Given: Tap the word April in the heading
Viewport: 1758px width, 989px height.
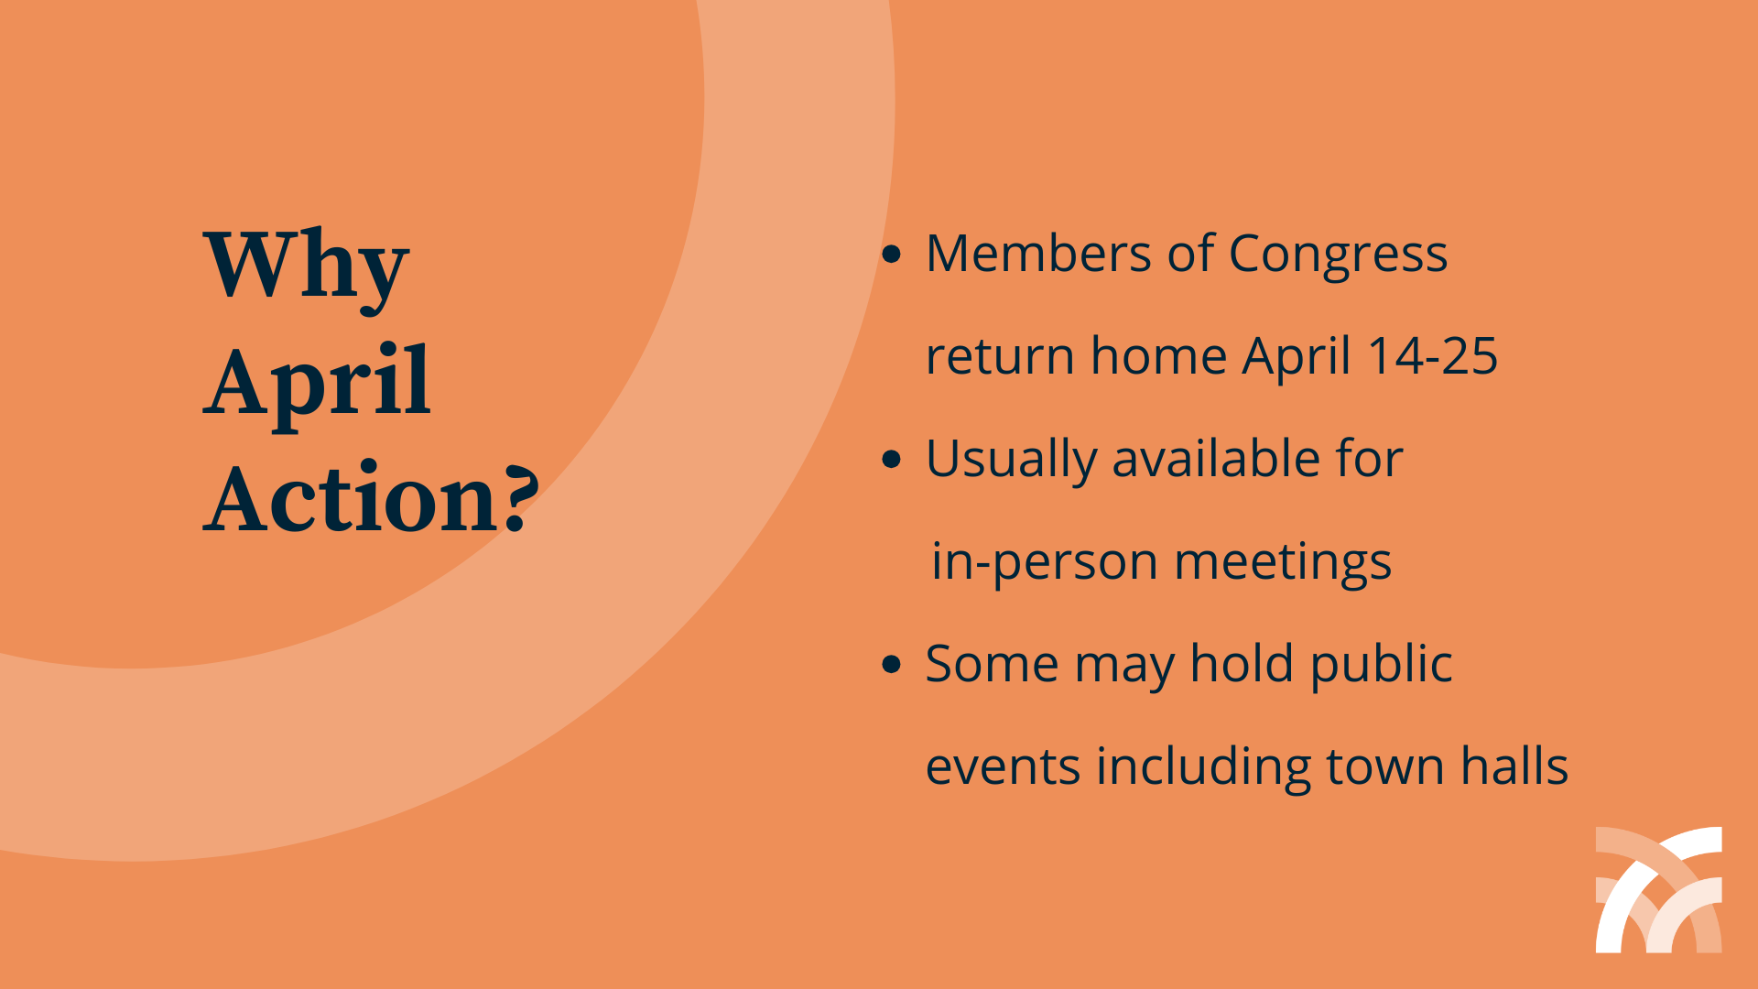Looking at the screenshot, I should pyautogui.click(x=317, y=383).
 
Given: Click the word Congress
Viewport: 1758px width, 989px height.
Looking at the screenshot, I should pyautogui.click(x=1338, y=255).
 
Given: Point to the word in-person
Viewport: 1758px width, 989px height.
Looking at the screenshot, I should pyautogui.click(x=1044, y=562).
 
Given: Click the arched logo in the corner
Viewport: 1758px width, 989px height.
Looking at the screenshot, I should pyautogui.click(x=1658, y=889).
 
